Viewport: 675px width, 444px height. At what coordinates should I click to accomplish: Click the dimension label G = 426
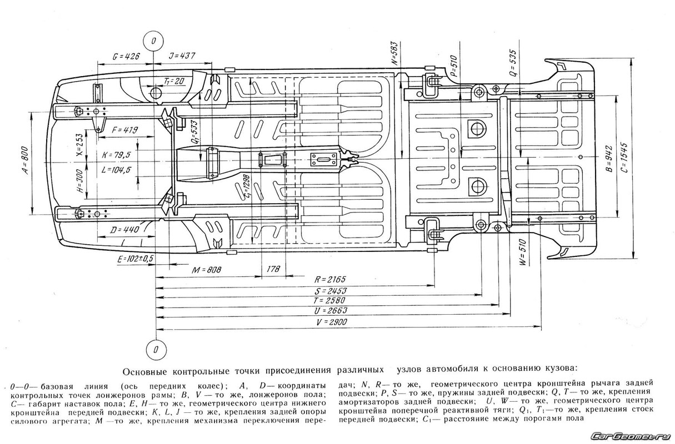click(x=126, y=56)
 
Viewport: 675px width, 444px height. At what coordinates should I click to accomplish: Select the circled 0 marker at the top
click(x=153, y=41)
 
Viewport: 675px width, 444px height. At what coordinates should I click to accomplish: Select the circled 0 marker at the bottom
click(x=156, y=349)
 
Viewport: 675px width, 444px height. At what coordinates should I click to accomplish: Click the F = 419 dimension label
click(x=124, y=130)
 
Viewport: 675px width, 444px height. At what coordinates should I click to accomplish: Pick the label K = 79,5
click(x=116, y=155)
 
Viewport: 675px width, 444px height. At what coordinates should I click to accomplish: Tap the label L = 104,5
click(x=116, y=170)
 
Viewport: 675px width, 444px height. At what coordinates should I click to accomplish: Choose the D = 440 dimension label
click(x=124, y=230)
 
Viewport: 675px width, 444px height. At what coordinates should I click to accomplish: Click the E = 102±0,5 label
click(x=135, y=259)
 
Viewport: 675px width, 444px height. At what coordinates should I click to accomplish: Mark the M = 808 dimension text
click(x=207, y=269)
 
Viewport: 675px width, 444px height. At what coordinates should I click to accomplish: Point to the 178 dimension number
click(x=273, y=269)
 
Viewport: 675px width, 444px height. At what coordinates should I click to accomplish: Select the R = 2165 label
click(x=330, y=279)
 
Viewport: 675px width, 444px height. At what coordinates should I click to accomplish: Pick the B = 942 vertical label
click(x=609, y=158)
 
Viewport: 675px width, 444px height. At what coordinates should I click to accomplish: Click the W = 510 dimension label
click(x=523, y=253)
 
